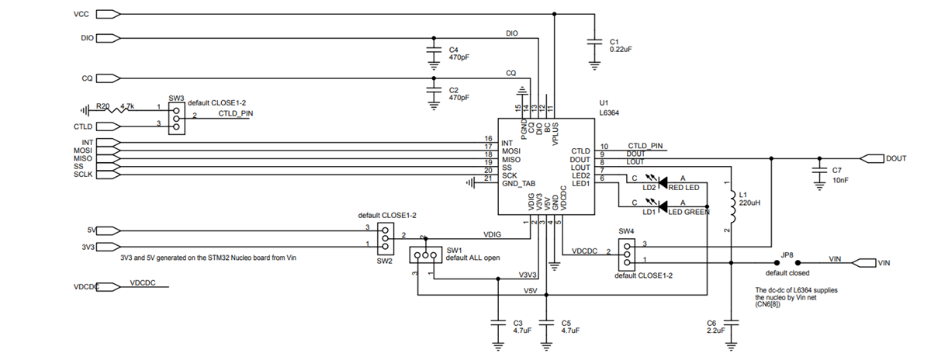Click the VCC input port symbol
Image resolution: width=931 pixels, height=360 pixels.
pos(108,14)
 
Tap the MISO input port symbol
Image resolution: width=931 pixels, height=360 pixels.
pos(108,158)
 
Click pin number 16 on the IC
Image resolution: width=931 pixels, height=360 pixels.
pos(489,138)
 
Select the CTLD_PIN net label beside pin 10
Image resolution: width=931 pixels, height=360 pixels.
pos(645,145)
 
